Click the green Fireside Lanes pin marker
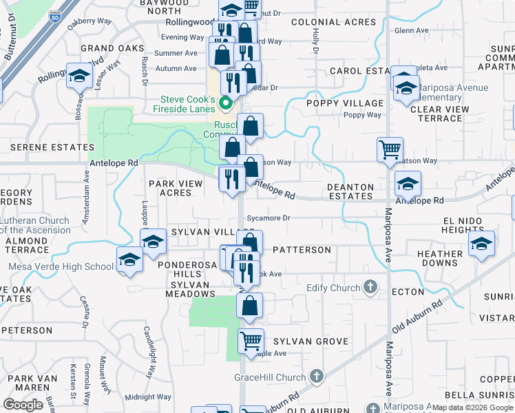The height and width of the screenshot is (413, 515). click(x=225, y=105)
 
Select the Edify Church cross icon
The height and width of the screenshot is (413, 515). click(x=370, y=287)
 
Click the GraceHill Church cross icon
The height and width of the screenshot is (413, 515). click(x=316, y=377)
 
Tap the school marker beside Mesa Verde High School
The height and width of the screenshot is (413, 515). click(x=129, y=260)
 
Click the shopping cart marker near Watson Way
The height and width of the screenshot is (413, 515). click(x=390, y=149)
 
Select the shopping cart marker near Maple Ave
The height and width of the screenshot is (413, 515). click(x=251, y=341)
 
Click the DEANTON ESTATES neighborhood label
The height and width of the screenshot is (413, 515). click(x=350, y=191)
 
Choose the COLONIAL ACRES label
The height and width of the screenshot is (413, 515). click(x=333, y=22)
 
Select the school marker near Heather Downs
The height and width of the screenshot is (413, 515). click(x=481, y=244)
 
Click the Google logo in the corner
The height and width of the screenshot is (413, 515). click(x=23, y=404)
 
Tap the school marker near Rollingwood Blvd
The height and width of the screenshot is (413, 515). click(x=80, y=75)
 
